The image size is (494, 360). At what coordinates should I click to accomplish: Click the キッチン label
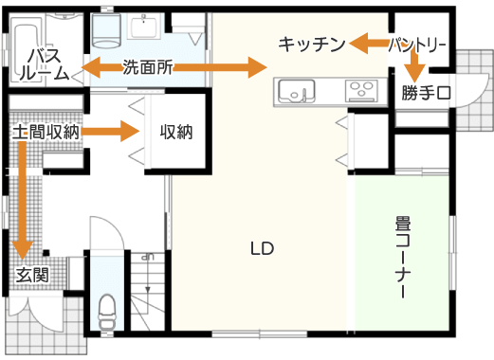[x=312, y=45]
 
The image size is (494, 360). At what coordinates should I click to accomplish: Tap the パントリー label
[x=417, y=45]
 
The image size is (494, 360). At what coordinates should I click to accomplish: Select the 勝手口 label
[x=427, y=93]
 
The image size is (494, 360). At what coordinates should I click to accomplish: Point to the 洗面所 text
[x=148, y=67]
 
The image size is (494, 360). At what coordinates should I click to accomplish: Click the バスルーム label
[x=45, y=64]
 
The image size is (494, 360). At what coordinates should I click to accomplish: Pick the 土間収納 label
[x=46, y=132]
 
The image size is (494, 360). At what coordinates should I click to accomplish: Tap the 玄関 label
[x=32, y=275]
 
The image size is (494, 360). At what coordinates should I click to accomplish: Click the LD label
[x=262, y=248]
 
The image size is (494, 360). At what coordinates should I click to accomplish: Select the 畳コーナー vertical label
[x=403, y=257]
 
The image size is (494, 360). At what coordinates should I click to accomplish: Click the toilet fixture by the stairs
[x=107, y=313]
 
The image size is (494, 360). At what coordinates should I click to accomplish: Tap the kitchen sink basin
[x=297, y=91]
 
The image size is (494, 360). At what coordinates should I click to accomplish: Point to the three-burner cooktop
[x=361, y=91]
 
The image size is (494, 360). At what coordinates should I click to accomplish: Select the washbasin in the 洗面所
[x=143, y=27]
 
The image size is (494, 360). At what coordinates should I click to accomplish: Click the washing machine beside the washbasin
[x=106, y=30]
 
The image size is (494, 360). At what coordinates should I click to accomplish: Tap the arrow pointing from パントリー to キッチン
[x=370, y=44]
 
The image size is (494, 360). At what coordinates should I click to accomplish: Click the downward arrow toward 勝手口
[x=414, y=65]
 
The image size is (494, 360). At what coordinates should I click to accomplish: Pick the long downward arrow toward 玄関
[x=23, y=201]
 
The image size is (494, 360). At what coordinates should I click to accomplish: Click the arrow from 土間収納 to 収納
[x=110, y=131]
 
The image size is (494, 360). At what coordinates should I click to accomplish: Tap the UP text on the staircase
[x=148, y=257]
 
